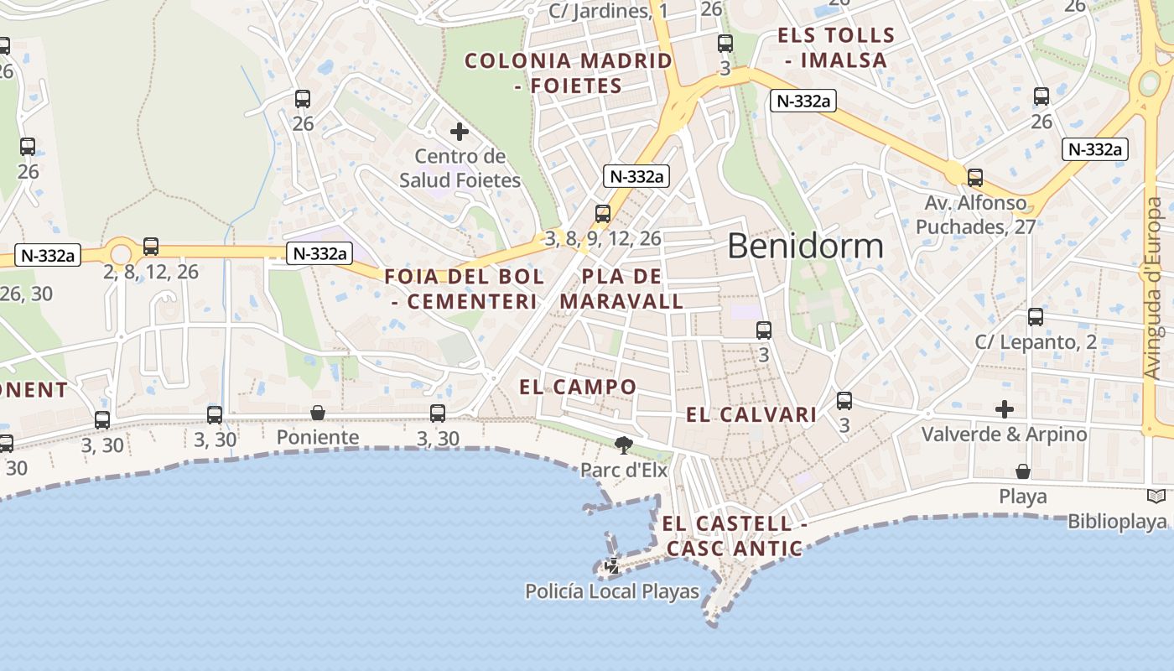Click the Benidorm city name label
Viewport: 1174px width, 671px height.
(x=805, y=246)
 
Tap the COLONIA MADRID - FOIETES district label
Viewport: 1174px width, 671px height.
(x=569, y=73)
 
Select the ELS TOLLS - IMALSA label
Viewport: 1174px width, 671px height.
(x=836, y=48)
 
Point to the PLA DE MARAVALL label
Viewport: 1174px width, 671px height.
(x=621, y=289)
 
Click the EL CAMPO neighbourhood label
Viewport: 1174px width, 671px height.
(x=578, y=387)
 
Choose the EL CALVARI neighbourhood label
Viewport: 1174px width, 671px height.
(x=751, y=414)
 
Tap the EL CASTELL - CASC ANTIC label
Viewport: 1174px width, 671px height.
(x=735, y=536)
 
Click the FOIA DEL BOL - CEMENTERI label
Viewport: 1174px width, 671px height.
(x=464, y=289)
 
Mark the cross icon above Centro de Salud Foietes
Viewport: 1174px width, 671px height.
(x=460, y=132)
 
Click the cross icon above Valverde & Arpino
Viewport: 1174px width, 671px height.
(x=1005, y=409)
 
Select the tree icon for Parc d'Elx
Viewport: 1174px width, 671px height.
(x=623, y=445)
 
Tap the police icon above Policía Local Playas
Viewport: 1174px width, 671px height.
(x=612, y=566)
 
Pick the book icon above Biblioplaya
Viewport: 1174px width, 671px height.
(x=1156, y=497)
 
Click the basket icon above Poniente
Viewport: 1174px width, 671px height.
(x=318, y=413)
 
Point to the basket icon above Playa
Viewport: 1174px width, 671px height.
(x=1023, y=471)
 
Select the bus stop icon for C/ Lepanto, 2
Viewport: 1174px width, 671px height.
(x=1036, y=317)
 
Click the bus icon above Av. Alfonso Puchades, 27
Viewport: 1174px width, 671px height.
(x=975, y=178)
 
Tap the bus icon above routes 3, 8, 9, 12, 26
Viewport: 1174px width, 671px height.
(x=603, y=214)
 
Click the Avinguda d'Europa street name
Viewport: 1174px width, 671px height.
(x=1156, y=288)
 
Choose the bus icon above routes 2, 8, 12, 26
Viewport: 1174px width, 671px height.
(x=151, y=247)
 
